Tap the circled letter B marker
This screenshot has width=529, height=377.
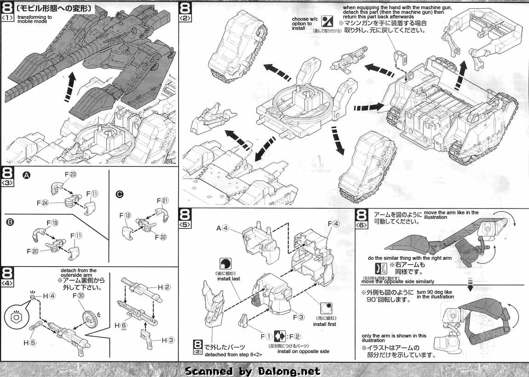10,222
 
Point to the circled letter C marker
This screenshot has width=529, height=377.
120,194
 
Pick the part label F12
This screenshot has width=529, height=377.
126,215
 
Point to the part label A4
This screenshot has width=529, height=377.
222,228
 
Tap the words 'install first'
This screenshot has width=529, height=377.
325,324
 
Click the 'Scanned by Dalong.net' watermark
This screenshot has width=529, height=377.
253,371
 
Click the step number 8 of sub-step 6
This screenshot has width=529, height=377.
362,216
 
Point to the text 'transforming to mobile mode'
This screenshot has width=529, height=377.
34,19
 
